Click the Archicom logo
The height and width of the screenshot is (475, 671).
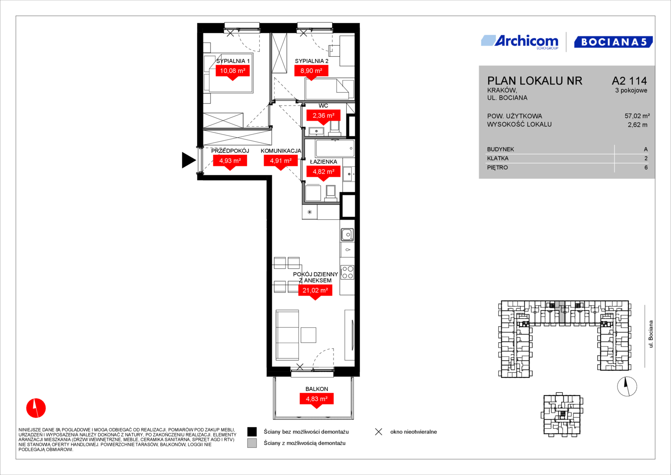click(520, 42)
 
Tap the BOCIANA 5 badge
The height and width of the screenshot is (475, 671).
click(613, 42)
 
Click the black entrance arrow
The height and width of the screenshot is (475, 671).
click(189, 160)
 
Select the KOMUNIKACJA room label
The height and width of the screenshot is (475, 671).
click(281, 151)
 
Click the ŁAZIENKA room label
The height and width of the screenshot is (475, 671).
click(323, 162)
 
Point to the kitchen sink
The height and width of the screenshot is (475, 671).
click(347, 234)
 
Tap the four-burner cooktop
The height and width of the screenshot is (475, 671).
click(348, 272)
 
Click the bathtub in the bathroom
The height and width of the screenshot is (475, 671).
click(335, 148)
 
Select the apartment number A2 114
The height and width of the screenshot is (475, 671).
click(629, 80)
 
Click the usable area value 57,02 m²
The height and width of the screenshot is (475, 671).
click(637, 116)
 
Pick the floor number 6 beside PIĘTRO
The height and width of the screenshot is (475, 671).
click(646, 168)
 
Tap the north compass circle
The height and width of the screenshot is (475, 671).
click(627, 386)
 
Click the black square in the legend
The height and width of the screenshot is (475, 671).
click(252, 432)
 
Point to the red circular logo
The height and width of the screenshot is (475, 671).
click(36, 408)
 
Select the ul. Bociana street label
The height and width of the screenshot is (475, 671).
click(650, 334)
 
